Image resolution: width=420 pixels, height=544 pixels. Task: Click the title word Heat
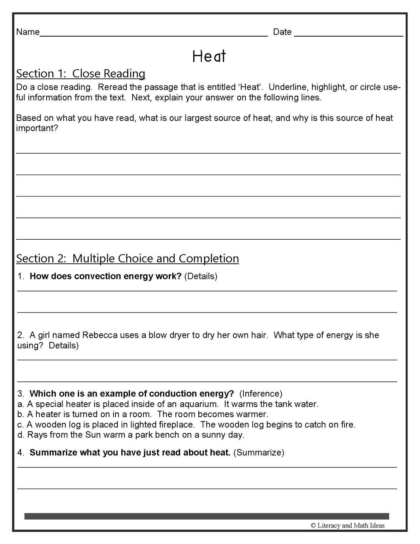(209, 56)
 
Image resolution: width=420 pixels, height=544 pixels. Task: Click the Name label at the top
(28, 32)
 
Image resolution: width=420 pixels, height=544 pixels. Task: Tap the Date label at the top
(282, 32)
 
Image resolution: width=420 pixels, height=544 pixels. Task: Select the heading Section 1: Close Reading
(80, 74)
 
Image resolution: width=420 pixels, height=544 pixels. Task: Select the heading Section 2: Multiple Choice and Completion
(128, 258)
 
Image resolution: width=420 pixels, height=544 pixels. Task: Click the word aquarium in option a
(199, 404)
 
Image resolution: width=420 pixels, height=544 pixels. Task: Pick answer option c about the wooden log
(186, 425)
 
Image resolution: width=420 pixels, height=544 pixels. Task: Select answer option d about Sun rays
(131, 435)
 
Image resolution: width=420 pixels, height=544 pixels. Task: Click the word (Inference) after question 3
(261, 393)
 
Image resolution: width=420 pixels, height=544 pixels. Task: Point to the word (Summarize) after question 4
(259, 453)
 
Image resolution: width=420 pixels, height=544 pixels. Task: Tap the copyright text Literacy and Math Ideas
(348, 526)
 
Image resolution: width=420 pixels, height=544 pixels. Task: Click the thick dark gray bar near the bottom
(206, 516)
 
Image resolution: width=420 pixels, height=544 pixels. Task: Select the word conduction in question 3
(170, 393)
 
